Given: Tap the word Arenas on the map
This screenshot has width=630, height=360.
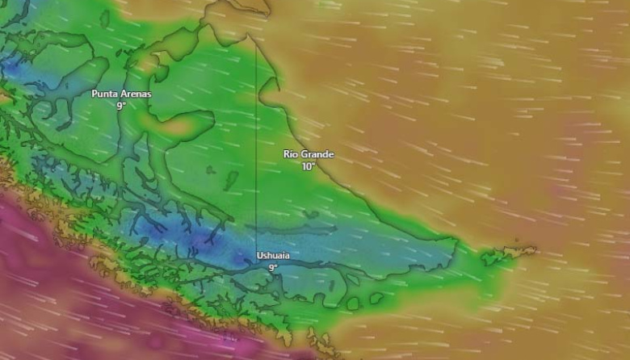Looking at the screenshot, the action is (x=136, y=94).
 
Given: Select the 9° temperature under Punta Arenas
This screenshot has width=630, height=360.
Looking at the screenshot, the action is (x=121, y=106).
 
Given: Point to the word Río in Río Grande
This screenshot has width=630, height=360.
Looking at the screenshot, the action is (x=292, y=154).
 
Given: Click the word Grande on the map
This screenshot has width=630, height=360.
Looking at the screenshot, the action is (x=318, y=154).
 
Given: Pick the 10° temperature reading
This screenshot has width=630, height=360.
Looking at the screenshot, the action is (x=308, y=166).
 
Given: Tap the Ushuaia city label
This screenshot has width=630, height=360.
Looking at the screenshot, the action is (x=273, y=256).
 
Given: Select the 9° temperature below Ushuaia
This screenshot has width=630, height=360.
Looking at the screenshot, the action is (x=273, y=267).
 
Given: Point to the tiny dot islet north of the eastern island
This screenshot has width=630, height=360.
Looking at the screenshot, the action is (x=517, y=239).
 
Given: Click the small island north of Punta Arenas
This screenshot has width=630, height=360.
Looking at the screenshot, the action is (x=127, y=54).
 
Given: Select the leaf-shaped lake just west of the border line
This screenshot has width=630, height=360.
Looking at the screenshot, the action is (x=232, y=179).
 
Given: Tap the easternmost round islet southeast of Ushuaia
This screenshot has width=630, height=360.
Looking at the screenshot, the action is (x=376, y=299).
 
